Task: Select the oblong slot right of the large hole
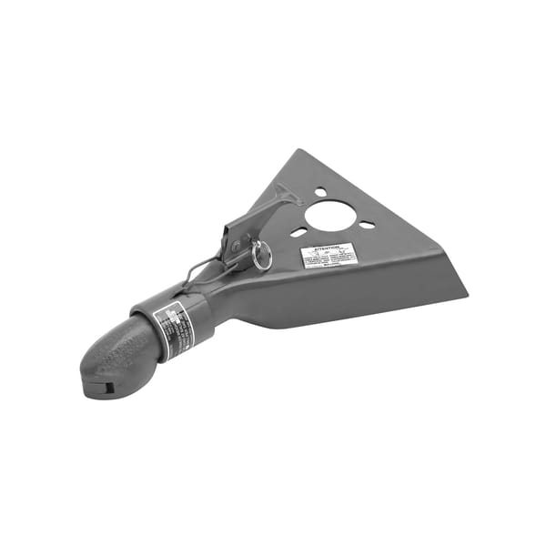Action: (367, 225)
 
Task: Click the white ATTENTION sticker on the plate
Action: (329, 257)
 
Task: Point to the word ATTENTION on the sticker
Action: (328, 248)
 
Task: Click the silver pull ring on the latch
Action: (262, 258)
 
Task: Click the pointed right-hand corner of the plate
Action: (465, 293)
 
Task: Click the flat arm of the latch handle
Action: (259, 218)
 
